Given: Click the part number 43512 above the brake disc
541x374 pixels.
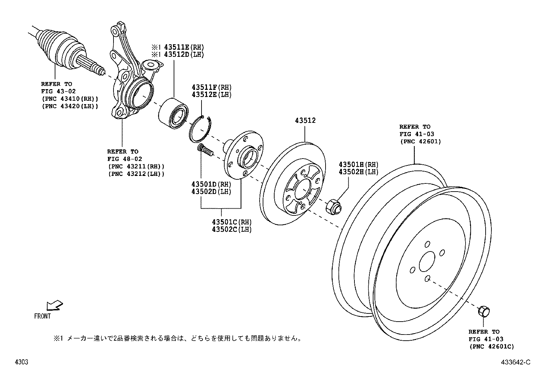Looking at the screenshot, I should click(x=305, y=121).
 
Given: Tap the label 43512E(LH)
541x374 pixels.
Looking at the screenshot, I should click(x=211, y=95).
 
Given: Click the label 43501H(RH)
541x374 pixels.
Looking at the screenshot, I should click(x=358, y=165).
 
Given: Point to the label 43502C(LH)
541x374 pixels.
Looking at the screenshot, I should click(x=232, y=229).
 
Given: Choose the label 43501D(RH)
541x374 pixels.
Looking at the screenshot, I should click(x=211, y=184).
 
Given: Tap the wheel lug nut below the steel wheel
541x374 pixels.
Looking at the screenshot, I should click(x=484, y=311).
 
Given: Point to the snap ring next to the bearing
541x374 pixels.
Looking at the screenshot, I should click(x=200, y=129).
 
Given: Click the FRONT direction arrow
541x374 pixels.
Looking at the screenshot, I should click(x=54, y=305).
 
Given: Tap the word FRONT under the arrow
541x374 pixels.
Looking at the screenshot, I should click(x=42, y=316).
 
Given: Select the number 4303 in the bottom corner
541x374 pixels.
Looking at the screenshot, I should click(x=21, y=362).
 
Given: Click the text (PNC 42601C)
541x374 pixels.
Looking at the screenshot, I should click(x=491, y=347).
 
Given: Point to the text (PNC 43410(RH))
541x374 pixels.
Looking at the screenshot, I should click(x=70, y=99).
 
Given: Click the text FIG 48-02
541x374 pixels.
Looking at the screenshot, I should click(x=125, y=159).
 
